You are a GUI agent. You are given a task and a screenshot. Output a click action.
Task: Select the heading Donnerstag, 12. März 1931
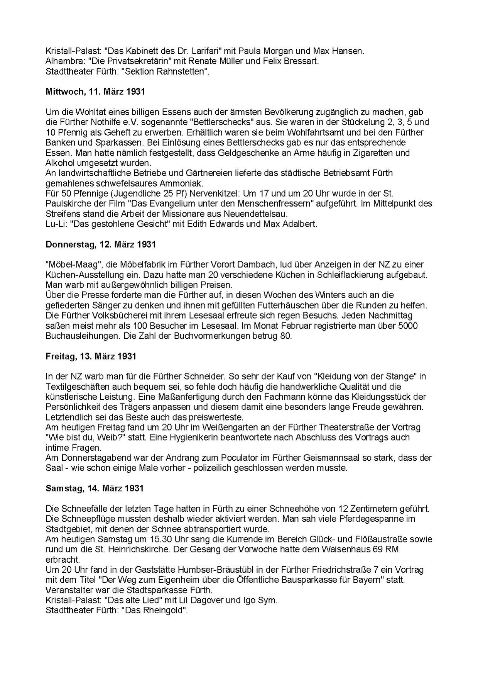tap(100, 244)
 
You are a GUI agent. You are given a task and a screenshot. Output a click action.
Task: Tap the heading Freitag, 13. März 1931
tap(91, 356)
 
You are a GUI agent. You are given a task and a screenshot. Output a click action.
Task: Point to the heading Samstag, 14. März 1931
tap(94, 488)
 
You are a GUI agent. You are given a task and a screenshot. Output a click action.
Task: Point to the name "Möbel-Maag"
tap(73, 265)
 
